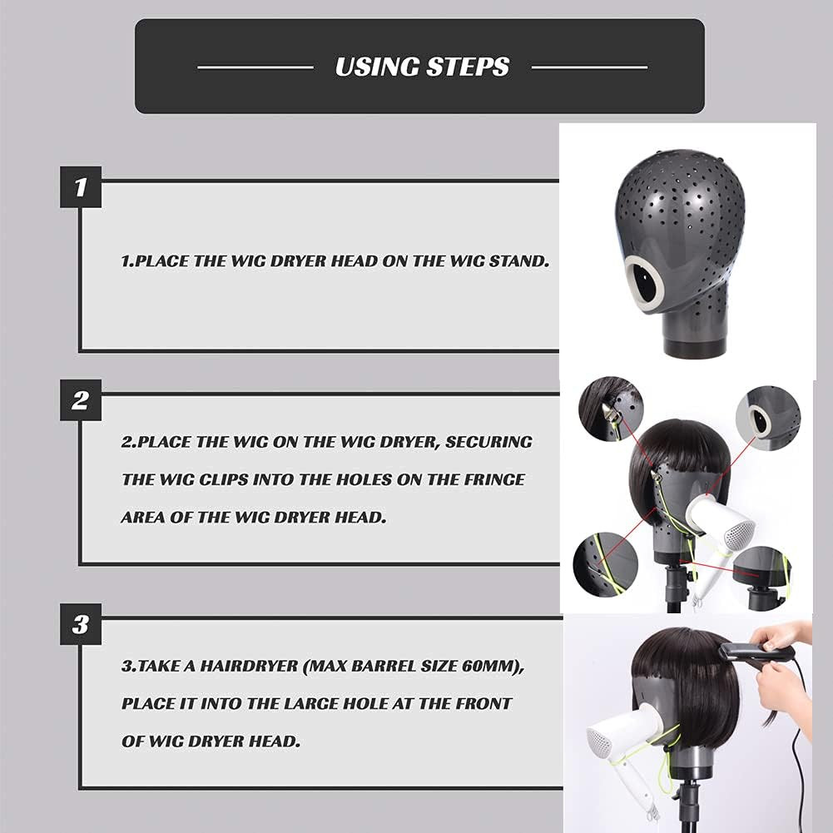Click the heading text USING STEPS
(x=422, y=67)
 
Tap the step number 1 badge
(x=80, y=187)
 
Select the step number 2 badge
(x=80, y=400)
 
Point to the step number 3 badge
(x=80, y=624)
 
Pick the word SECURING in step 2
(x=488, y=442)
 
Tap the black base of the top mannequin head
(x=689, y=345)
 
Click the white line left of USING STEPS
(x=255, y=67)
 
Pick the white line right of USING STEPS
(x=588, y=67)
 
